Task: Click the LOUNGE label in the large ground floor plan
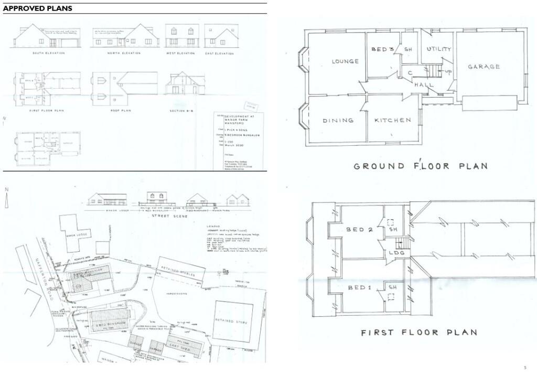click(345, 61)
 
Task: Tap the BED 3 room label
click(382, 49)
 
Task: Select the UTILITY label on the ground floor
click(438, 49)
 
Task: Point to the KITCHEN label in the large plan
click(393, 120)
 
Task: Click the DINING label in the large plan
click(338, 121)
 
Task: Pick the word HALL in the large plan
click(423, 84)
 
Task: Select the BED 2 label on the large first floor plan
click(359, 230)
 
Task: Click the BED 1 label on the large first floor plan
click(359, 287)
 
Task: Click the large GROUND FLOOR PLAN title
click(421, 166)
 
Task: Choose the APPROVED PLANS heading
click(38, 8)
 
